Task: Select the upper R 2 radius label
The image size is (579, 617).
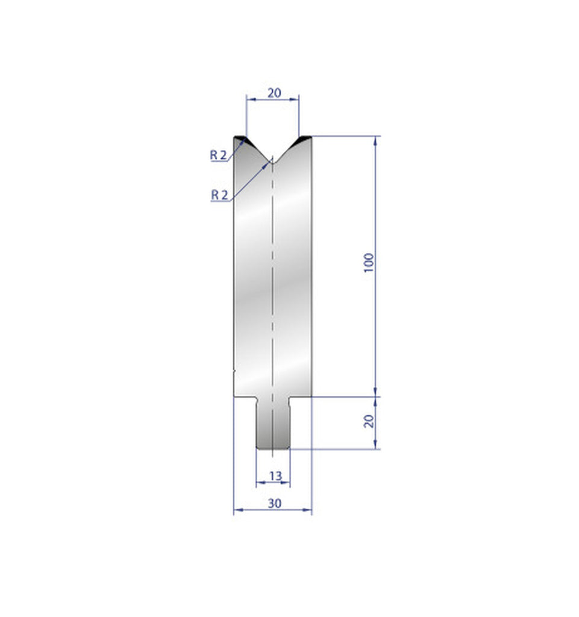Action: coord(218,155)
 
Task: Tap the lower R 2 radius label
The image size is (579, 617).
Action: coord(219,194)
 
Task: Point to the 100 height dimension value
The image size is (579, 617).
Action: coord(369,263)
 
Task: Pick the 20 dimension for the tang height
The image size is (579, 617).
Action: coord(369,421)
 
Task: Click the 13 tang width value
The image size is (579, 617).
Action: coord(275,476)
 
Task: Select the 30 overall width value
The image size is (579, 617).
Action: coord(274,504)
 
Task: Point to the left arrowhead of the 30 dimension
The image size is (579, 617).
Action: coord(237,511)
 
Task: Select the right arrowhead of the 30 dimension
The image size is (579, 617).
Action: coord(308,511)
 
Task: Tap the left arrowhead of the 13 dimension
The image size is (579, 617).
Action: coord(259,483)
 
